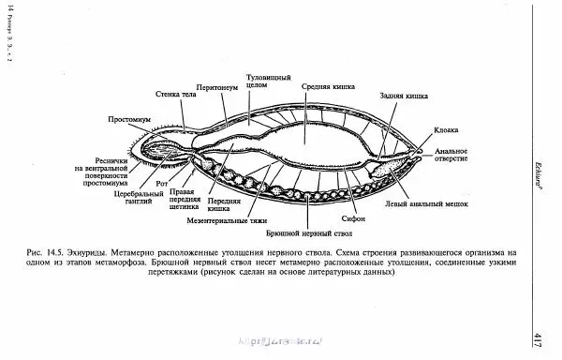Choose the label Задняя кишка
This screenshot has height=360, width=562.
404,96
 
